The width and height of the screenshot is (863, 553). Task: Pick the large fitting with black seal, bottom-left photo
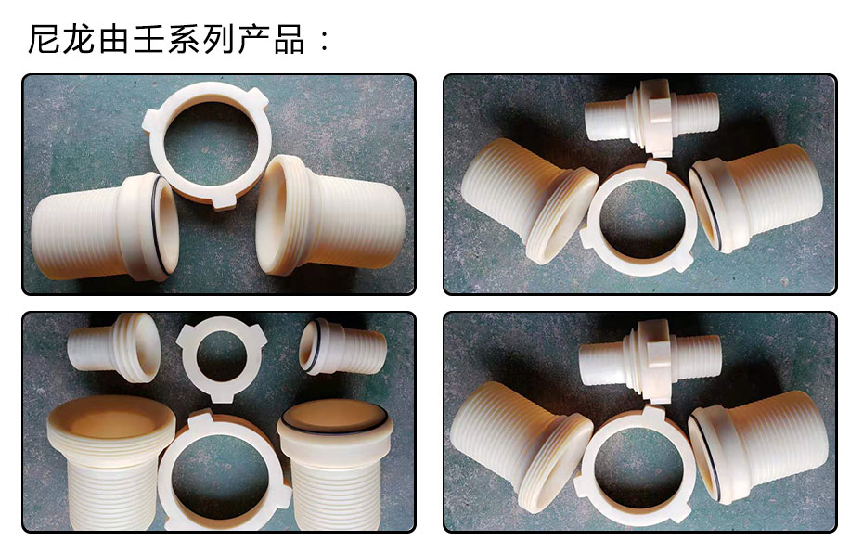coord(335,468)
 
